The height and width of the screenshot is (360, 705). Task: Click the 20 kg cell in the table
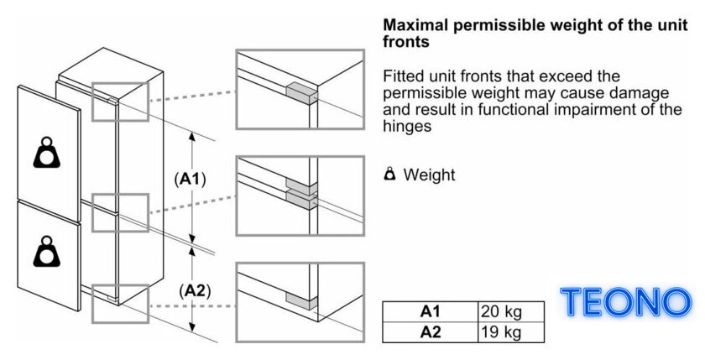pos(510,312)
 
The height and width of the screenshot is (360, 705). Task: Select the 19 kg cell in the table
pos(510,332)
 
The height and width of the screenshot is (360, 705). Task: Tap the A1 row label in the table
pos(430,312)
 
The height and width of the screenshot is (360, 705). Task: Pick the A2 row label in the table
pos(430,332)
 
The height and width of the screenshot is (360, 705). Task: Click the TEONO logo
pos(626,301)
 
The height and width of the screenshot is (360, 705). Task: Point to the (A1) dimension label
pos(190,180)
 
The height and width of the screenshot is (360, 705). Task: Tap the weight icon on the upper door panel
pos(46,153)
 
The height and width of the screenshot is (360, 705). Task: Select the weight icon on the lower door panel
pos(46,251)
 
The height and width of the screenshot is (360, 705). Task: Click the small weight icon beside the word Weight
pos(389,174)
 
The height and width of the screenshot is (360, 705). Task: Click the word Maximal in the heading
pos(415,26)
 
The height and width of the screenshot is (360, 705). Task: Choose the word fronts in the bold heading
pos(406,42)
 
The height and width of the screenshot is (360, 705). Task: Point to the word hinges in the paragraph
pos(407,127)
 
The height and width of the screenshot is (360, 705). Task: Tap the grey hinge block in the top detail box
pos(301,93)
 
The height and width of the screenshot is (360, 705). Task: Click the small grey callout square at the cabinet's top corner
pos(120,102)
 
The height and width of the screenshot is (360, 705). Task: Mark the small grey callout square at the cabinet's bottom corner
pos(120,304)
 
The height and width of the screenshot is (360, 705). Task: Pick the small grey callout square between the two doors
pos(120,213)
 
